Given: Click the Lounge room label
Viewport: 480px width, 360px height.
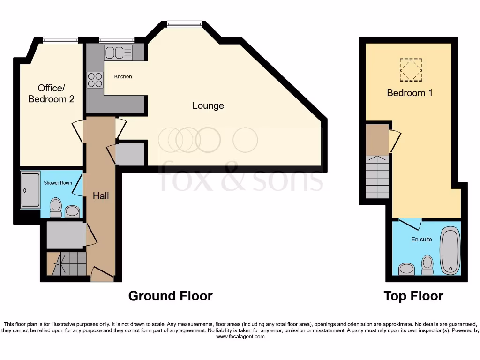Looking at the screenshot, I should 208,105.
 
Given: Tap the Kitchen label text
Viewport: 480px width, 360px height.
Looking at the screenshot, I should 123,76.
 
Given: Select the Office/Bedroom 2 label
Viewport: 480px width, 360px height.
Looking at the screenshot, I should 51,93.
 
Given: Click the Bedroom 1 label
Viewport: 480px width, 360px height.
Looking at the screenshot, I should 409,93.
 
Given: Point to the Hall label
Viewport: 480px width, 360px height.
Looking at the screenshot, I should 100,196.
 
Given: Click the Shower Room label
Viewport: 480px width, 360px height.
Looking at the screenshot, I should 58,183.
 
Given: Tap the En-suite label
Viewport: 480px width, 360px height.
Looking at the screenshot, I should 422,240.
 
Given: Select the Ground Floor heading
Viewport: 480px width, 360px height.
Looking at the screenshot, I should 170,296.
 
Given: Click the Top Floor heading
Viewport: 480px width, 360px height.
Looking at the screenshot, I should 413,296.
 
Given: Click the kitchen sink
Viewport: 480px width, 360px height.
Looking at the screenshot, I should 119,52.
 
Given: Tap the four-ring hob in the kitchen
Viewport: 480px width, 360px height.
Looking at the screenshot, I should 95,80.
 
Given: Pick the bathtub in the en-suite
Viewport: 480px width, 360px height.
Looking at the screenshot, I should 450,251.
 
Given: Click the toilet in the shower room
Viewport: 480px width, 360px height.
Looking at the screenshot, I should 56,207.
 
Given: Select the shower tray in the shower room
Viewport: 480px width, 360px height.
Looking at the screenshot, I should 30,190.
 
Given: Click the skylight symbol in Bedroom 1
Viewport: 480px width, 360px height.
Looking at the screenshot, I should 411,70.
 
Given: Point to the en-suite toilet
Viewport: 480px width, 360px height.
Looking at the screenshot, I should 427,264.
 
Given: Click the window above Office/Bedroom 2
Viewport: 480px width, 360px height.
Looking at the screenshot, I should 60,41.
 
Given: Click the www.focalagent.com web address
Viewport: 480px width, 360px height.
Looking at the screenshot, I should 240,337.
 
